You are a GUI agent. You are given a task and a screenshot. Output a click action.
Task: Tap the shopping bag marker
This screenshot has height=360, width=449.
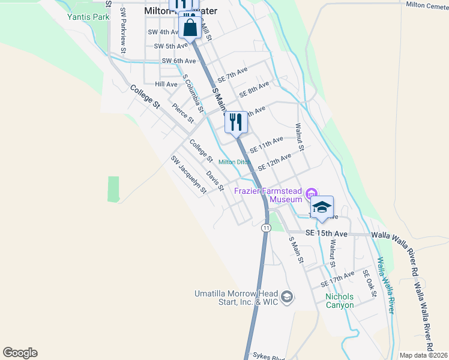click(x=190, y=27)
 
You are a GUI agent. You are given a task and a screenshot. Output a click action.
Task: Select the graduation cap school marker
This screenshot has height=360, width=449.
click(x=322, y=207)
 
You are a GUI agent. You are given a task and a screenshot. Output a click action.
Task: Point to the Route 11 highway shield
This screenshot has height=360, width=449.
click(x=265, y=228)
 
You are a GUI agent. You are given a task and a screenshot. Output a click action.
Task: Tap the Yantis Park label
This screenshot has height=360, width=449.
click(x=88, y=17)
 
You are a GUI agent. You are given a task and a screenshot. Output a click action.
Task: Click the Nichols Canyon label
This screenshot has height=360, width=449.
click(x=339, y=301)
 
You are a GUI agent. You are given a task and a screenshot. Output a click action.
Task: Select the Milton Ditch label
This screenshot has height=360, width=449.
click(x=234, y=162)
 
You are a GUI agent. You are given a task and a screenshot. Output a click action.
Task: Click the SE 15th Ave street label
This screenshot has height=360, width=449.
click(x=326, y=233)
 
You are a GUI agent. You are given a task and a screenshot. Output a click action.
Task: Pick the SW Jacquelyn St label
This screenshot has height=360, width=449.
click(x=188, y=175)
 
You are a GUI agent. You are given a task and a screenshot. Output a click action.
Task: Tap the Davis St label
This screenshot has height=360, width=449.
click(x=215, y=181)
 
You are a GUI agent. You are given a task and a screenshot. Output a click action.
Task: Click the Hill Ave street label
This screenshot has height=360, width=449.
click(x=166, y=84)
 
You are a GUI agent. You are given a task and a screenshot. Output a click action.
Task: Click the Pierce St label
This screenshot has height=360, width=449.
click(x=182, y=113)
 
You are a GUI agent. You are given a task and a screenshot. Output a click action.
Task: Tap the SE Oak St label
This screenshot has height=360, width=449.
click(x=369, y=283)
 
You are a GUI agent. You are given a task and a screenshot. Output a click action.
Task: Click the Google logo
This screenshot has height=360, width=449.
click(x=20, y=353)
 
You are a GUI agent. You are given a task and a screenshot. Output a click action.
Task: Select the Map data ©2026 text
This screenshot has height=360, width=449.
click(x=424, y=355)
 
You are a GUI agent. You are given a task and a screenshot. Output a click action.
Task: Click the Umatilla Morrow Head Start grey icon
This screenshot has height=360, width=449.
click(x=288, y=296)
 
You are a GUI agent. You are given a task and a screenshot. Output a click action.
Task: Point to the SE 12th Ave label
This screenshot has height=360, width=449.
click(x=274, y=161)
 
